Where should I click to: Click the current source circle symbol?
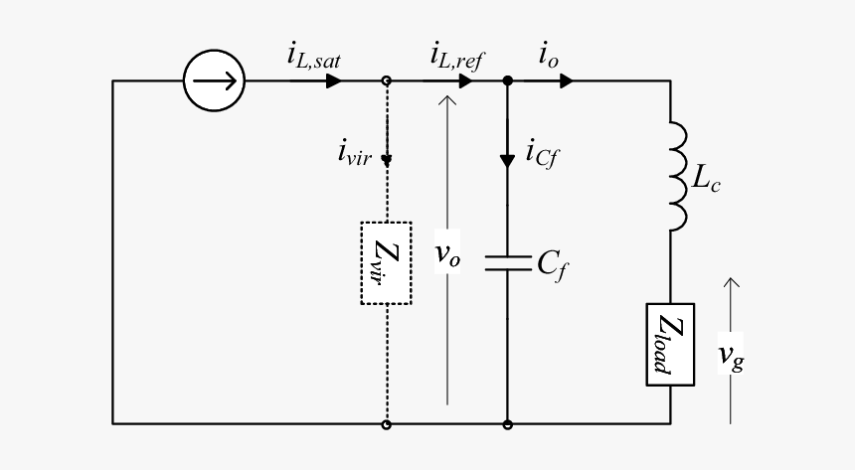(x=214, y=80)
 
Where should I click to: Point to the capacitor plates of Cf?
(x=507, y=263)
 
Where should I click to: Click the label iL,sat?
(x=313, y=57)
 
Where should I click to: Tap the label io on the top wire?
(x=549, y=57)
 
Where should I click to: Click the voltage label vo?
(x=447, y=254)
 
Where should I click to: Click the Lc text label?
(x=706, y=182)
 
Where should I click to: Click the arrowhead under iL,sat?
(x=334, y=80)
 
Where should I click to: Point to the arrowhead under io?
(x=566, y=80)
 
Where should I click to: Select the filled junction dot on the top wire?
(x=507, y=80)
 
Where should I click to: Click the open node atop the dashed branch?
(x=386, y=80)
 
